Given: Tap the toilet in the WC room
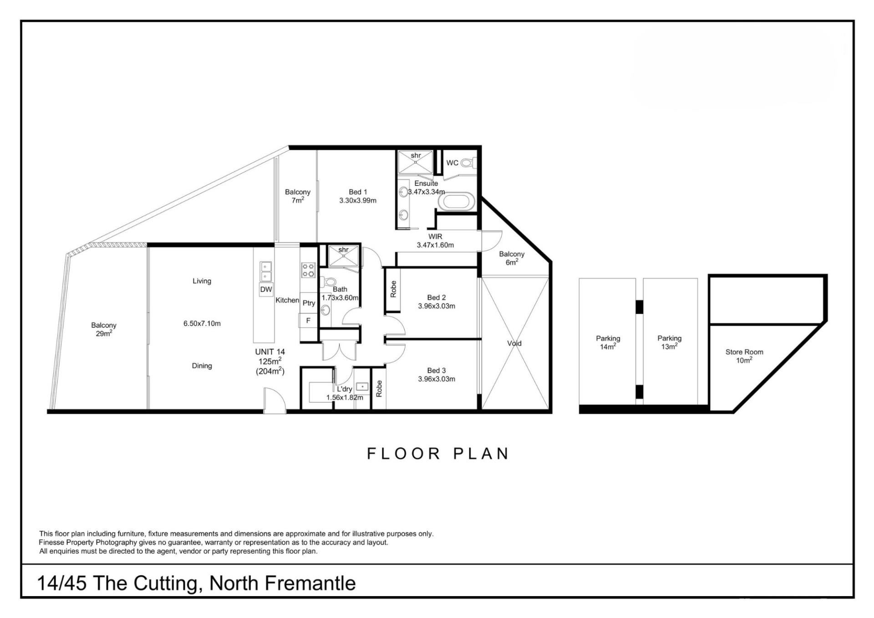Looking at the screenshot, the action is [x=467, y=162].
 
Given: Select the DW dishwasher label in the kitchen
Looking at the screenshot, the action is [x=266, y=290].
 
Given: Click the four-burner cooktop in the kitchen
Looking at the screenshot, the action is [x=308, y=270].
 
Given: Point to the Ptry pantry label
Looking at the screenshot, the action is [x=309, y=303].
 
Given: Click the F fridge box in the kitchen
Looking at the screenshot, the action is [x=308, y=321].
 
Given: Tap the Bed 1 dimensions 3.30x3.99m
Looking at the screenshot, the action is [x=358, y=200].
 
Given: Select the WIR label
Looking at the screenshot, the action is [x=435, y=236].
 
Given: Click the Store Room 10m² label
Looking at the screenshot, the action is [x=744, y=356].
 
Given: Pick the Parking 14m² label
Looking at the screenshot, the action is [x=608, y=342].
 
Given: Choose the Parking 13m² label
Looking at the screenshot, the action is [x=669, y=342].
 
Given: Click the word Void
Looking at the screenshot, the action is [x=514, y=343].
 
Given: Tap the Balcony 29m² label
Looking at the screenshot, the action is [x=104, y=329].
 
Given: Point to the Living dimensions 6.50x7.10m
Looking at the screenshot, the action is [x=202, y=324].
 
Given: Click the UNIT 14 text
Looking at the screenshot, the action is [x=270, y=352].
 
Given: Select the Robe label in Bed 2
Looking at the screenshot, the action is [x=393, y=289].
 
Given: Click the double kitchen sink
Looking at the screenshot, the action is [x=266, y=271].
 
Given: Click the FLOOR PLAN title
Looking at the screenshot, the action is [x=438, y=454].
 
